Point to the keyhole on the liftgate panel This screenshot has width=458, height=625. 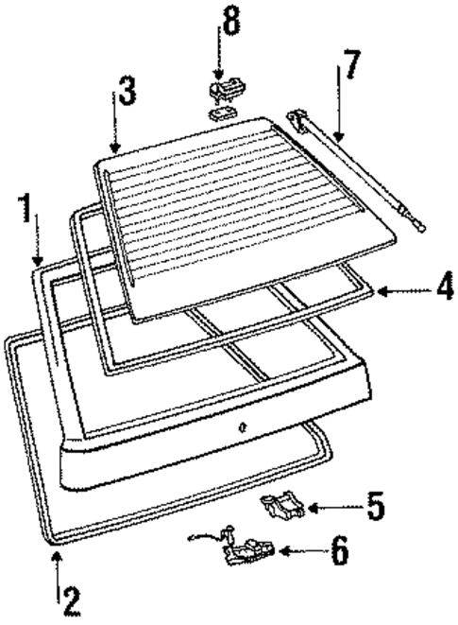click(243, 426)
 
